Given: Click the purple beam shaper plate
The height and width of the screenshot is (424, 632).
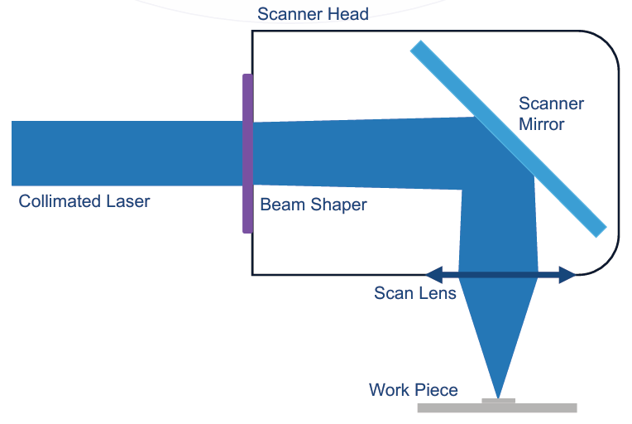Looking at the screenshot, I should (247, 153).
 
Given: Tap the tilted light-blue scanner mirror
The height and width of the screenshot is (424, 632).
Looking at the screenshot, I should (508, 138).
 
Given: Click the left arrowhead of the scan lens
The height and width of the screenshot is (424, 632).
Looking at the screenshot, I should (432, 273).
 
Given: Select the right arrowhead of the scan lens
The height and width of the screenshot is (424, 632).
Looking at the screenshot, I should (567, 274).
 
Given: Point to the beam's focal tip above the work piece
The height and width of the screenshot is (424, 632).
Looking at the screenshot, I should (497, 394).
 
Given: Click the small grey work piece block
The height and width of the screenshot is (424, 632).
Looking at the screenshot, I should (498, 401).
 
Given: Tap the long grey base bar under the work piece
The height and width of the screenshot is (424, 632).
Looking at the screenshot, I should (496, 407).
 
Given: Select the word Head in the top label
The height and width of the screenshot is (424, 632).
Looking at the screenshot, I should (348, 14).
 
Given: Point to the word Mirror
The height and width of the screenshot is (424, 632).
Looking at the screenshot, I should (542, 124).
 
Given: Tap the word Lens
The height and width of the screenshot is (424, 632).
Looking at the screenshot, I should (438, 293).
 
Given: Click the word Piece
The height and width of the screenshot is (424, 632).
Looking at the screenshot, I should (437, 389).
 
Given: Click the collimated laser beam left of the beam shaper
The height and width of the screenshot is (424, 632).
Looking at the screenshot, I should (124, 153).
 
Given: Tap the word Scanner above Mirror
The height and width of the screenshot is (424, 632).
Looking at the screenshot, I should (551, 104).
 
